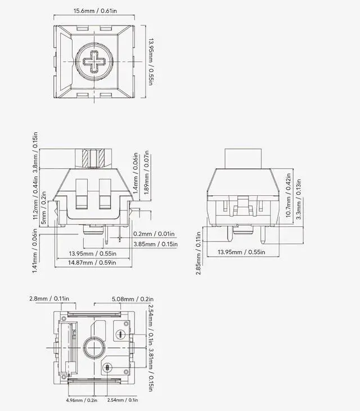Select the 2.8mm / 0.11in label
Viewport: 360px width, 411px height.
click(x=49, y=298)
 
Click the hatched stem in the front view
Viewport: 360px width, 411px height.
click(x=93, y=158)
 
